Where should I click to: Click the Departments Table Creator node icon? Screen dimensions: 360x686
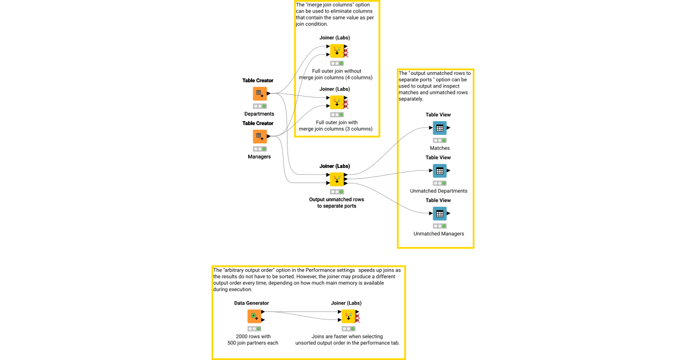coord(260,94)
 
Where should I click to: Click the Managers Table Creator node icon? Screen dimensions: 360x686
coord(260,137)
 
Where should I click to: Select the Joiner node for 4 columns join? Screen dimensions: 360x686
coord(337,51)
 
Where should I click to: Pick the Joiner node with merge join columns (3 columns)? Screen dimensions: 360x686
coord(337,102)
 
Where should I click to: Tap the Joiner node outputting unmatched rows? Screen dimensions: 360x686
coord(337,179)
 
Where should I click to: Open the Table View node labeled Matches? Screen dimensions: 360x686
coord(439,128)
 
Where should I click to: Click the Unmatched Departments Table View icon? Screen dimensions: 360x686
coord(439,171)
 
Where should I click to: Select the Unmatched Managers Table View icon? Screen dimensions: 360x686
coord(439,214)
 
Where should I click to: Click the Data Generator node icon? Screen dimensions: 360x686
coord(254,317)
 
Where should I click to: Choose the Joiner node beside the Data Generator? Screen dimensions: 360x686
coord(348,317)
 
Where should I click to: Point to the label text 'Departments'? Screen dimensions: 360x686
coord(259,114)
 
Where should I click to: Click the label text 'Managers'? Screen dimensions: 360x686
coord(259,157)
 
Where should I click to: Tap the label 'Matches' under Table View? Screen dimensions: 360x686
coord(440,148)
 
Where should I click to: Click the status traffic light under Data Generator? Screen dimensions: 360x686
coord(254,329)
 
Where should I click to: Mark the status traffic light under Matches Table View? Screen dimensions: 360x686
coord(440,140)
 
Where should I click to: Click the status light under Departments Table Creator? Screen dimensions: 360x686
coord(260,106)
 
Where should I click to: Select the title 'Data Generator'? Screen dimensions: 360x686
coord(252,303)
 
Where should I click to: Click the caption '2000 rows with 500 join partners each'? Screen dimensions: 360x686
coord(253,340)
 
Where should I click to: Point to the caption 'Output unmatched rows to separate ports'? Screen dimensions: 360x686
coord(337,203)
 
